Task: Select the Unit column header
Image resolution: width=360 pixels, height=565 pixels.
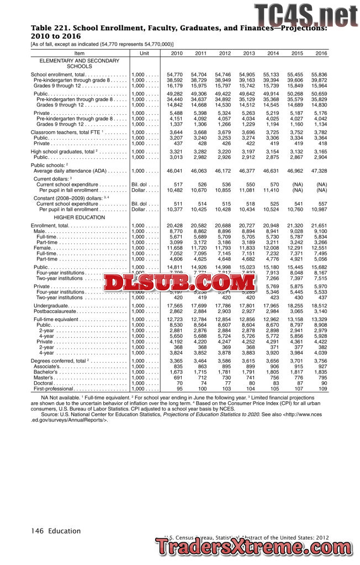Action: pyautogui.click(x=145, y=53)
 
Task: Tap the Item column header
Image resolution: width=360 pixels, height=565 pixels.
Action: pyautogui.click(x=80, y=53)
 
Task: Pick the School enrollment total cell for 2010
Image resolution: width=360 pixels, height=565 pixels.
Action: pyautogui.click(x=174, y=74)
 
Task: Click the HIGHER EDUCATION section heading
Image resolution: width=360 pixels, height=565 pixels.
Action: pyautogui.click(x=80, y=217)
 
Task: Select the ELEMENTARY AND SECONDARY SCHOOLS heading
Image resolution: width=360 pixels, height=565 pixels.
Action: pyautogui.click(x=80, y=63)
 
